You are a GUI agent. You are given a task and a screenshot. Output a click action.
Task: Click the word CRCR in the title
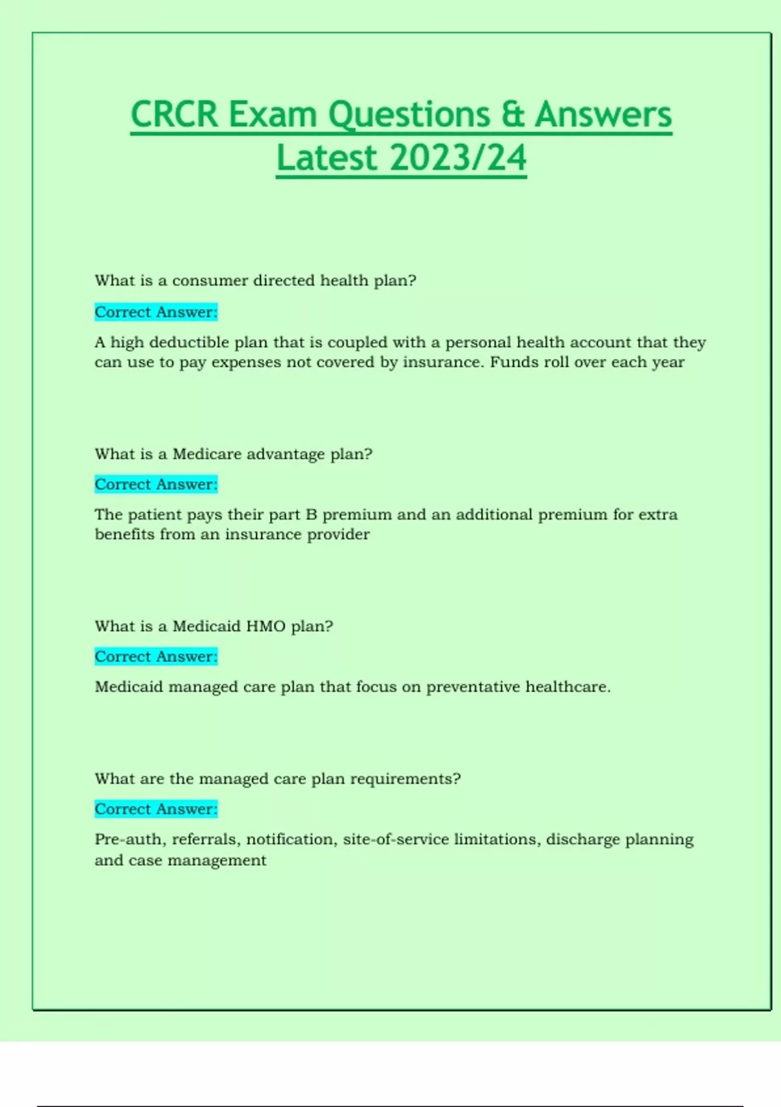tap(174, 115)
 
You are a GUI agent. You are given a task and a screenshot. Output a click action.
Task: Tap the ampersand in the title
tap(513, 115)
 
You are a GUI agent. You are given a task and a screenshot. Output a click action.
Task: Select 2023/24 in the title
tap(459, 158)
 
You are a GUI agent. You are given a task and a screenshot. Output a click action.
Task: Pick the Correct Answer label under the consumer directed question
tap(156, 312)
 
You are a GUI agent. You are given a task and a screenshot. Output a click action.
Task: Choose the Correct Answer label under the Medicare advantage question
tap(156, 484)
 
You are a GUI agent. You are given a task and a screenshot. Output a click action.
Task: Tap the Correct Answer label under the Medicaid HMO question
tap(156, 656)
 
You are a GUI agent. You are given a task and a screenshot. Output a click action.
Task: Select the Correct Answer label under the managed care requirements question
tap(156, 809)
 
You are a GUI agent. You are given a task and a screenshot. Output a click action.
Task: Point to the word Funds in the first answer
tap(514, 362)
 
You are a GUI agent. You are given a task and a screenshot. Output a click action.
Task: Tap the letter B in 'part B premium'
tap(311, 514)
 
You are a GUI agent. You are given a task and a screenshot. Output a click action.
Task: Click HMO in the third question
tap(266, 626)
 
